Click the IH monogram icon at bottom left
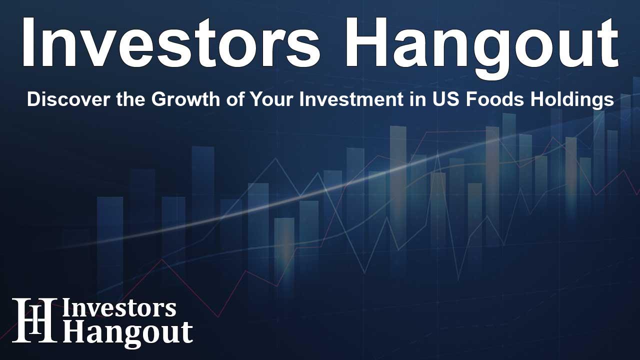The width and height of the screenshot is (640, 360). [x=34, y=320]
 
